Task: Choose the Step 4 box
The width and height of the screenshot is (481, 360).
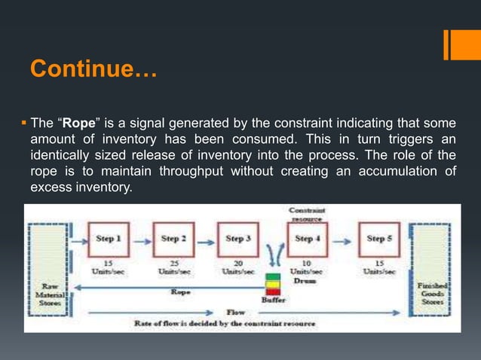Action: [304, 239]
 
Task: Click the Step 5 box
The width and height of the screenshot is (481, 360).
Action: [378, 239]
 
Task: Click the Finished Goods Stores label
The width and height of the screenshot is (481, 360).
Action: [433, 293]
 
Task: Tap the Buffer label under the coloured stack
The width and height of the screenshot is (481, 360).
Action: [273, 299]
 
